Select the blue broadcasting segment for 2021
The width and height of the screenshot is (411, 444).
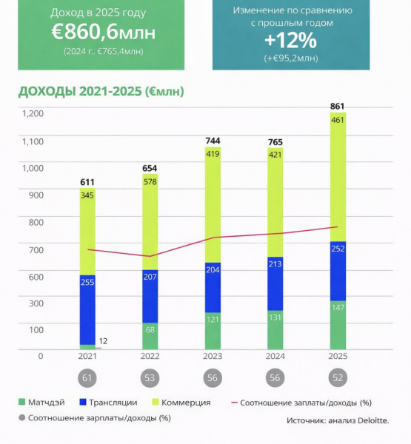[x=88, y=309]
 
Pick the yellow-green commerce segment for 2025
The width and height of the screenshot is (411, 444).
[x=337, y=176]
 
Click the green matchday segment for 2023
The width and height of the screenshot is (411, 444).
[x=213, y=330]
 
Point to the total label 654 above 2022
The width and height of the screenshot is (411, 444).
[x=150, y=168]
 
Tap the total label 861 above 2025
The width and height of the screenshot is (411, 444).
[x=337, y=107]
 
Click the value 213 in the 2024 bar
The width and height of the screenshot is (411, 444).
[x=275, y=283]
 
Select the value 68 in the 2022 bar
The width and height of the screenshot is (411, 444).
[x=150, y=329]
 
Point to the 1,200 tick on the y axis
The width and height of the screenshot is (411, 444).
[x=33, y=114]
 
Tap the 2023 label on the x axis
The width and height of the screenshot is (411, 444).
[x=213, y=357]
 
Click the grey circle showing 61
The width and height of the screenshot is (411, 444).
[x=88, y=378]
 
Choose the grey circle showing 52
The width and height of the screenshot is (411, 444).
[x=337, y=378]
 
